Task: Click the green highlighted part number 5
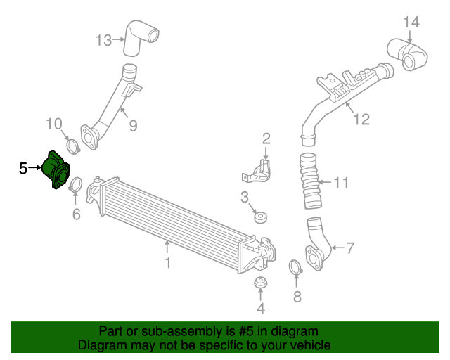(56, 170)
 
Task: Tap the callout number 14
(411, 22)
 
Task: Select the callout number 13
(103, 40)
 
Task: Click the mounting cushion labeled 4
(260, 285)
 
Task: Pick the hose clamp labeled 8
(296, 267)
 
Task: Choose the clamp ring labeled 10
(71, 146)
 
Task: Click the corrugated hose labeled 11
(309, 183)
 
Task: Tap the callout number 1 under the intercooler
(167, 263)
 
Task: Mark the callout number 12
(361, 119)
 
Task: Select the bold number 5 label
(22, 169)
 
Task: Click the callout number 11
(340, 184)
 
